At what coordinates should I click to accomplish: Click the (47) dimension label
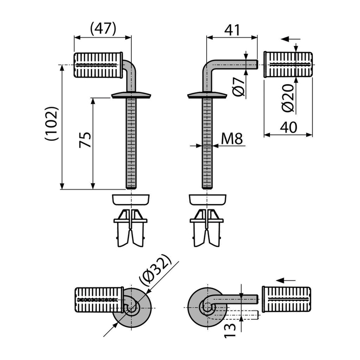pyautogui.click(x=103, y=28)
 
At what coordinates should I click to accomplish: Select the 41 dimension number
pyautogui.click(x=232, y=30)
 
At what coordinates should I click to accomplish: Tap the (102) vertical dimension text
pyautogui.click(x=52, y=123)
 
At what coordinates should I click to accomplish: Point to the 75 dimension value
pyautogui.click(x=85, y=140)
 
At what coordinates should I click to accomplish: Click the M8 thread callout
pyautogui.click(x=232, y=139)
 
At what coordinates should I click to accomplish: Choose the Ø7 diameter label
pyautogui.click(x=238, y=86)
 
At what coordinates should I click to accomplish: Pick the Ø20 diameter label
pyautogui.click(x=288, y=98)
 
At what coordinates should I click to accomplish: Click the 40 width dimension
pyautogui.click(x=288, y=127)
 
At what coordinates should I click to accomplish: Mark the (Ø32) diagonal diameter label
pyautogui.click(x=155, y=270)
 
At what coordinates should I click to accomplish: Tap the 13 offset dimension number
pyautogui.click(x=230, y=330)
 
